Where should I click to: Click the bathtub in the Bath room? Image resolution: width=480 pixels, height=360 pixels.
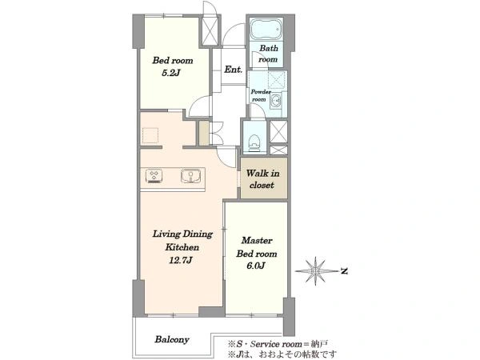(x=266, y=30)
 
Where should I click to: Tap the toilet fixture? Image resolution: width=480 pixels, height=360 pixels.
(x=254, y=143)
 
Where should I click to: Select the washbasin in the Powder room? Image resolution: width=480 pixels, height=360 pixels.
(x=276, y=99)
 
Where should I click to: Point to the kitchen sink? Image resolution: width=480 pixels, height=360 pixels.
(x=190, y=176)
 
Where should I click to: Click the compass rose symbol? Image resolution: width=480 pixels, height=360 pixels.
(x=316, y=271)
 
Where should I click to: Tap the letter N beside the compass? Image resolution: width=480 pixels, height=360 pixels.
(x=344, y=271)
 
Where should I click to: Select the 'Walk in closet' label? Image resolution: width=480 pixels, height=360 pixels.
(x=262, y=179)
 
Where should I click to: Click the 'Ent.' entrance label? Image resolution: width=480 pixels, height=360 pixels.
(x=234, y=70)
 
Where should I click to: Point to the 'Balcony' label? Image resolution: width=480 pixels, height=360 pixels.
(x=172, y=339)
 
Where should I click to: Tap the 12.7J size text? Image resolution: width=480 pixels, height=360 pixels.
(x=181, y=260)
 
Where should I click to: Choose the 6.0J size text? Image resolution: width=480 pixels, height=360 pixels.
(x=256, y=266)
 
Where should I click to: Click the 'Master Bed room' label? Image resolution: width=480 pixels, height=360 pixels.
(x=257, y=247)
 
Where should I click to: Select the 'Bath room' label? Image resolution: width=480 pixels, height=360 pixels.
(x=269, y=54)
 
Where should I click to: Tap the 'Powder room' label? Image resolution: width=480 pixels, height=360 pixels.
(x=260, y=95)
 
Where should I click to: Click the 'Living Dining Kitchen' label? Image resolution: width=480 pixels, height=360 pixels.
(x=182, y=241)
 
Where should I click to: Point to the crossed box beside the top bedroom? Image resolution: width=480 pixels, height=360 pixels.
(x=210, y=31)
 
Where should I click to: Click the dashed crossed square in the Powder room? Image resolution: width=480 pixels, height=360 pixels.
(x=277, y=80)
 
